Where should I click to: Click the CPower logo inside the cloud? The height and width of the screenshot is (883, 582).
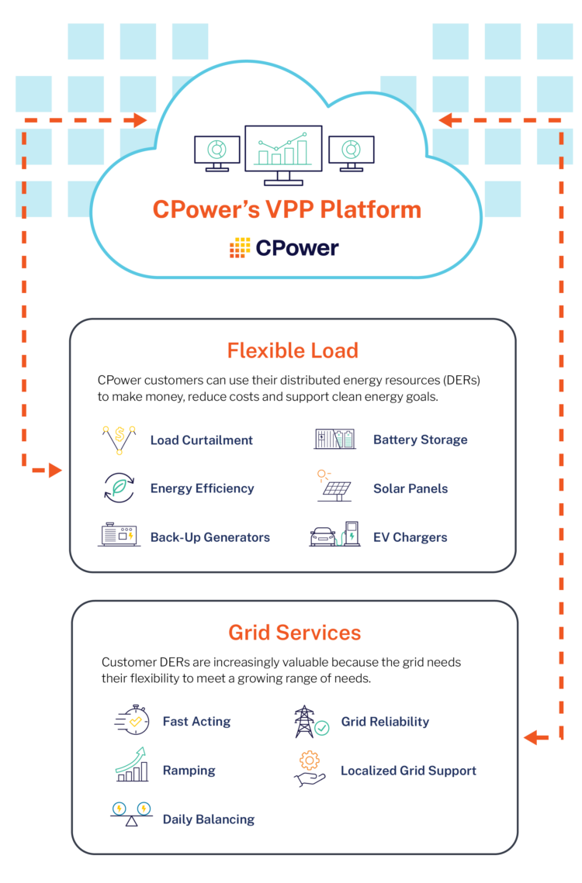(x=284, y=248)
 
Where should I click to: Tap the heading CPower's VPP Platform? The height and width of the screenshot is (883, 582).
(x=286, y=210)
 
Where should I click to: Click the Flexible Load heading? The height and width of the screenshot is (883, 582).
(x=293, y=350)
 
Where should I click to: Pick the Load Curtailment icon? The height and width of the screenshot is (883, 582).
(x=119, y=440)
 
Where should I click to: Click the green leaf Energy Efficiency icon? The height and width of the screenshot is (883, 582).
(x=119, y=488)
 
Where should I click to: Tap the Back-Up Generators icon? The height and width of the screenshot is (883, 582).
(x=119, y=536)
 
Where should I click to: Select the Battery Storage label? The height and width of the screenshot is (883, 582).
(x=420, y=440)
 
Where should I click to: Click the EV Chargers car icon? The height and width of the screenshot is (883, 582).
(x=323, y=536)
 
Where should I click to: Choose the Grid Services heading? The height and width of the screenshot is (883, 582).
(x=294, y=633)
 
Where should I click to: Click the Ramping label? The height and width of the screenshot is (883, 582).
(x=189, y=771)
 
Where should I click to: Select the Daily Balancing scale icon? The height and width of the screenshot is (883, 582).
(x=130, y=814)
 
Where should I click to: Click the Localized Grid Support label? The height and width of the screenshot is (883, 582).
(x=408, y=771)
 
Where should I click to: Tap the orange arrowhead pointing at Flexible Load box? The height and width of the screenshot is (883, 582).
(x=55, y=471)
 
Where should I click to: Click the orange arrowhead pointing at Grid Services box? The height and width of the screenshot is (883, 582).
(x=531, y=737)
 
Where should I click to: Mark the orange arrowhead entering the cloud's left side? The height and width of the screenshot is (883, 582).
(x=140, y=120)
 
